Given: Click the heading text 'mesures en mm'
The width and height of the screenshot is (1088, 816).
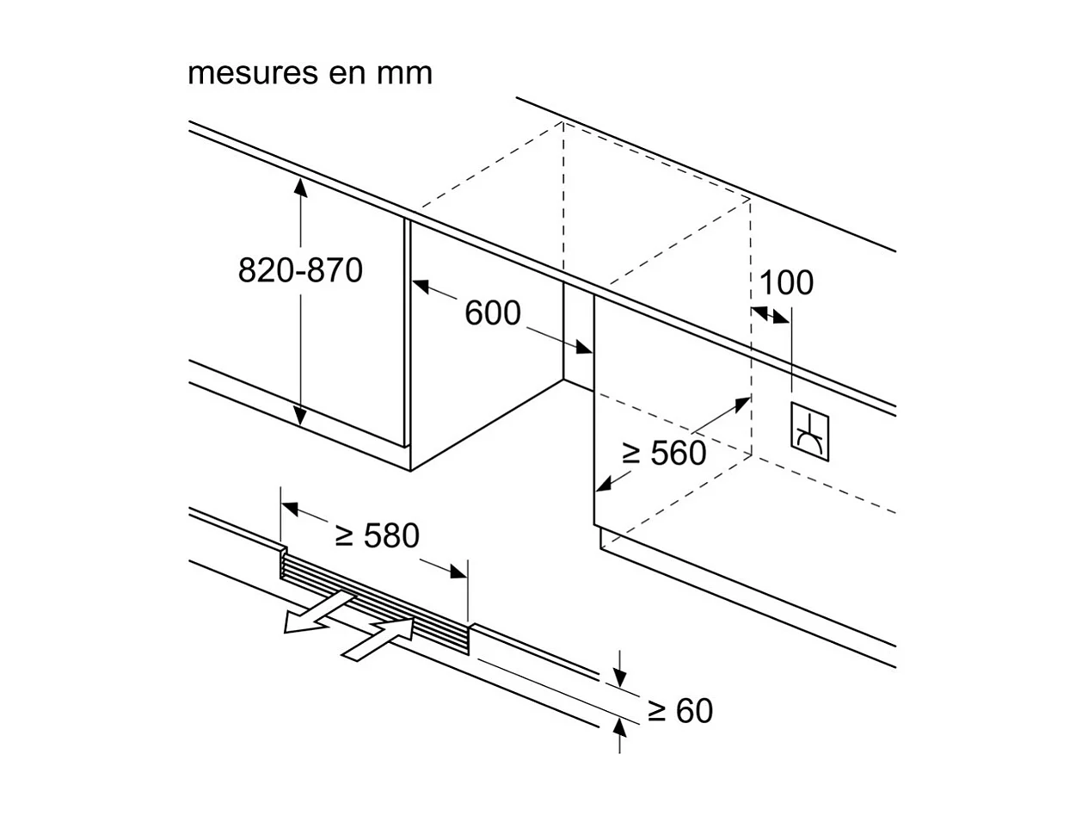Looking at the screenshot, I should click(310, 73).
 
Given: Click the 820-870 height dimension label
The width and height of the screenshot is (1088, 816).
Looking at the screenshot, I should click(300, 271).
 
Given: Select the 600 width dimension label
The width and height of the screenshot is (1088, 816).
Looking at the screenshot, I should click(493, 313).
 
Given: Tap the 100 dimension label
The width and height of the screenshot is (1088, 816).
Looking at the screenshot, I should click(786, 282).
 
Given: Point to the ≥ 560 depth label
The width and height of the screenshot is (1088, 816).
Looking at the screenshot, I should click(664, 453).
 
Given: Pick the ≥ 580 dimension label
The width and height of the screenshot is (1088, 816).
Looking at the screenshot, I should click(377, 536).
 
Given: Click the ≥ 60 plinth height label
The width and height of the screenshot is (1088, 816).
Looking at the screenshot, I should click(680, 711).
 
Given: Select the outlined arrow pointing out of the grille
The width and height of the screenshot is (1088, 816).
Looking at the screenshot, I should click(314, 613).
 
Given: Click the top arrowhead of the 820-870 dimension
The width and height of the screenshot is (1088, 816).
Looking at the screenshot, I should click(300, 184).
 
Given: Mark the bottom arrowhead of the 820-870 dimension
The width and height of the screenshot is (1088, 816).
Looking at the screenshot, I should click(300, 418).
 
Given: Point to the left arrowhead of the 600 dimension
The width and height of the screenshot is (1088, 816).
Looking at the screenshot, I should click(420, 286).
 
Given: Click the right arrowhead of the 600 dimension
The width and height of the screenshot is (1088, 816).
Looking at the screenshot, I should click(584, 349).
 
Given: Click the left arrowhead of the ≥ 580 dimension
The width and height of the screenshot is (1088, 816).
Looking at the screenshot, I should click(290, 508).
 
